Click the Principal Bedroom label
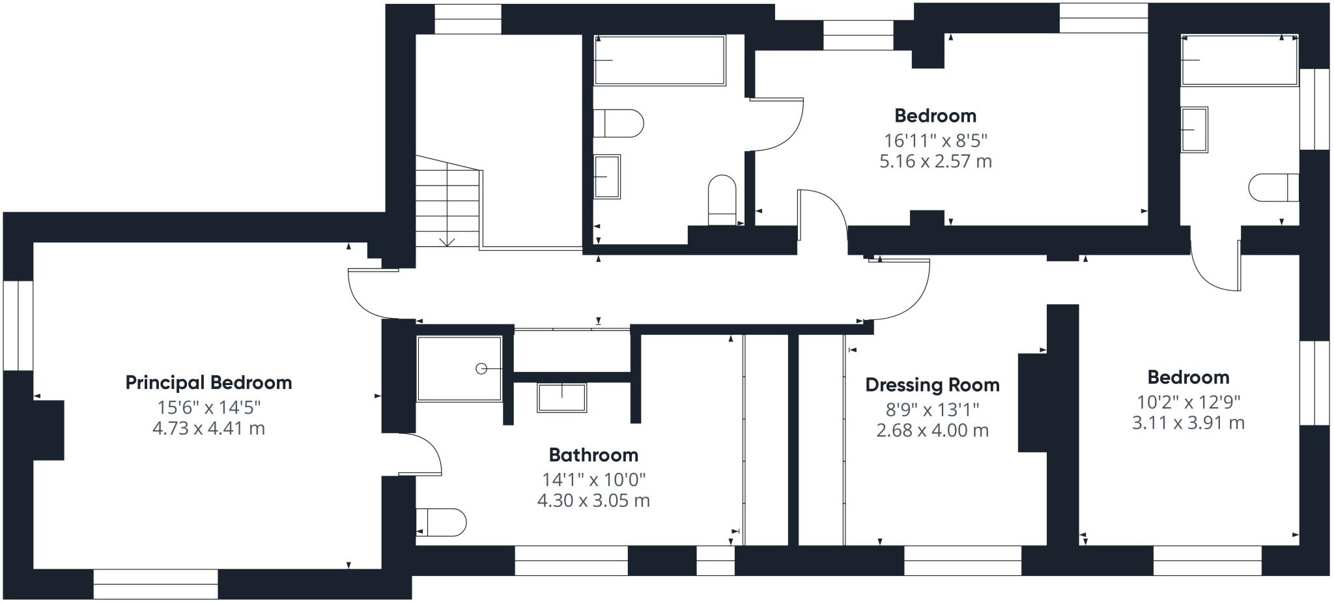(x=208, y=382)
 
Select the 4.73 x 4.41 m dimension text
(x=208, y=429)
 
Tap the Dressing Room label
(x=932, y=385)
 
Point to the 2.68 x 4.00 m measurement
(x=932, y=431)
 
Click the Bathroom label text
(x=593, y=455)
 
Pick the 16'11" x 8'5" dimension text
(x=935, y=140)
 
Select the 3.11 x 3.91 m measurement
(x=1188, y=423)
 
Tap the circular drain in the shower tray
(x=481, y=369)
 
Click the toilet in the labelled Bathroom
(x=442, y=523)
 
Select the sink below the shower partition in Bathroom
(x=561, y=397)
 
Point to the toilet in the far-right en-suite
(x=1274, y=188)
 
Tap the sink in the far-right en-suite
(x=1195, y=130)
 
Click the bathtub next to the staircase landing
(x=659, y=60)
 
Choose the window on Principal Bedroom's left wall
(x=18, y=326)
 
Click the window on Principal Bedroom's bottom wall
(x=156, y=584)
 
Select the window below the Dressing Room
(x=963, y=560)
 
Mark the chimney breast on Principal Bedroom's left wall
(x=48, y=430)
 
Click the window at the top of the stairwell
(x=468, y=20)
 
